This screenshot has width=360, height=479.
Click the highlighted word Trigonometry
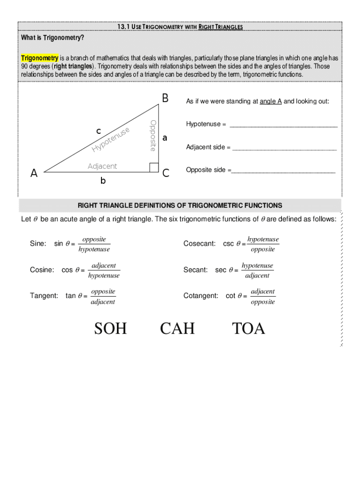pos(40,58)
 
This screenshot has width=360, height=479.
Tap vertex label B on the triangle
pos(165,98)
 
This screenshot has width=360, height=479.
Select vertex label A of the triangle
pos(34,174)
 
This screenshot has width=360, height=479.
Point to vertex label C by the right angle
pos(166,174)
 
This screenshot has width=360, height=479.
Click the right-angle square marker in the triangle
pos(154,167)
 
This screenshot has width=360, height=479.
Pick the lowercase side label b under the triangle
pos(103,181)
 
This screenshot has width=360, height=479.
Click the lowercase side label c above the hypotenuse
pos(99,131)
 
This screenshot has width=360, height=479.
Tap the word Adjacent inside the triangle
pos(102,167)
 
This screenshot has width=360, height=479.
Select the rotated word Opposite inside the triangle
pos(152,135)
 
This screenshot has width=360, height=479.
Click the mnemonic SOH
pos(110,328)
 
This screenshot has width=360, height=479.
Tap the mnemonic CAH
pos(177,328)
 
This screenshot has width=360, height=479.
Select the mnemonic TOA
pos(249,328)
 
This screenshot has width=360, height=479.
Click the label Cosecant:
pos(200,244)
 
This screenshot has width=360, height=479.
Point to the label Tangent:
pos(44,296)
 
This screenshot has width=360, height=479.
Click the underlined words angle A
pos(271,101)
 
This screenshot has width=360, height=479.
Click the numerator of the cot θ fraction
pos(263,291)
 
